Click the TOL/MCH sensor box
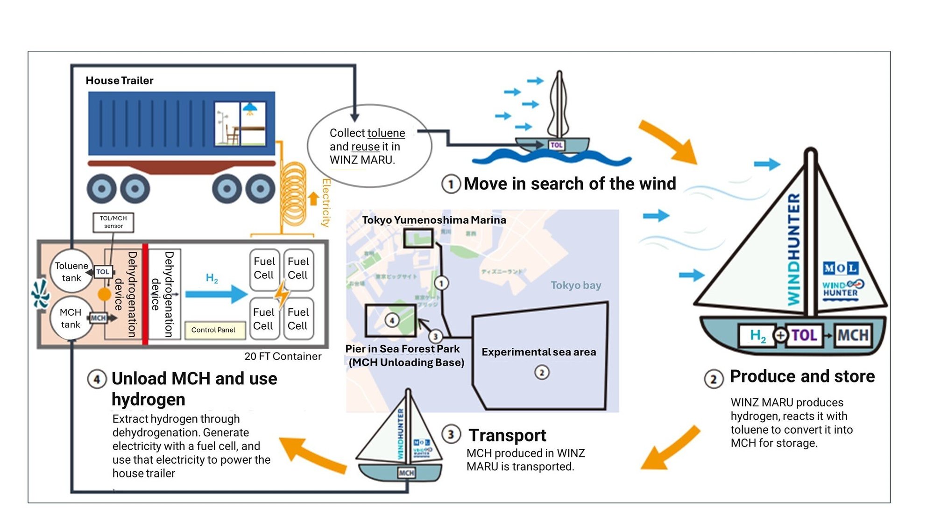(113, 222)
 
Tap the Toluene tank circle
(71, 271)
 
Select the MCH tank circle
(71, 318)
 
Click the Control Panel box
(213, 330)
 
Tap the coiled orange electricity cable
(294, 196)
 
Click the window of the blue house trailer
(241, 123)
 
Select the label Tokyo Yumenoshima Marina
(434, 220)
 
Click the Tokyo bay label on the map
(575, 285)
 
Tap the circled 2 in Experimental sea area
(542, 373)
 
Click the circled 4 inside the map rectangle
(392, 320)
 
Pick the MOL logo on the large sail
(840, 268)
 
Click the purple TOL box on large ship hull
(803, 335)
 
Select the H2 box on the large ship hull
(757, 335)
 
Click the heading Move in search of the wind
(569, 184)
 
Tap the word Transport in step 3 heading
(507, 435)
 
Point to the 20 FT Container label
(283, 356)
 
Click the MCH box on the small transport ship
(406, 473)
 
